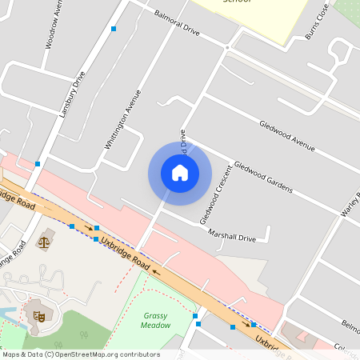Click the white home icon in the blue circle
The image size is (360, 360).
[180, 173]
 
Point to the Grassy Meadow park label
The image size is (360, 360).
[156, 320]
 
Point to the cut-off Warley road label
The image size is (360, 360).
[349, 208]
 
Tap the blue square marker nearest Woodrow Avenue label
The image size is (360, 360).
[114, 29]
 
